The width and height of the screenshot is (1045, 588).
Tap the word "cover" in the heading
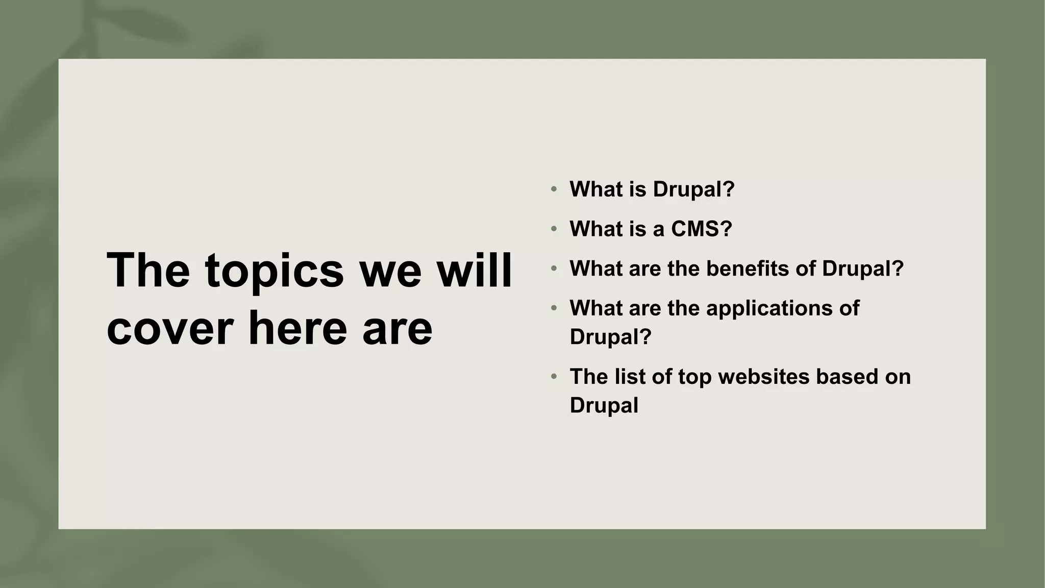(170, 328)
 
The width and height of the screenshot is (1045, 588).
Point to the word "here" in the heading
(297, 328)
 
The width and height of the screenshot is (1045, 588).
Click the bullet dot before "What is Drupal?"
(554, 189)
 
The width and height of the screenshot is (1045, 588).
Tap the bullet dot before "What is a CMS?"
(554, 229)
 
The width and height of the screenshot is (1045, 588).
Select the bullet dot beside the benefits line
(554, 269)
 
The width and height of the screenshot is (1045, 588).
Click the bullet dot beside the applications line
(554, 308)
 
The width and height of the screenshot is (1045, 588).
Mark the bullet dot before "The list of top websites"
(554, 377)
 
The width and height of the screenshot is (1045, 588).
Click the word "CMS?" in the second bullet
(702, 229)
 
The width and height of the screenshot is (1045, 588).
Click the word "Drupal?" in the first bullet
(693, 189)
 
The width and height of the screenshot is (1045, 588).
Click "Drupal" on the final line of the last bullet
(604, 406)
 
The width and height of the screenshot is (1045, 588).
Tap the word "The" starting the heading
(148, 270)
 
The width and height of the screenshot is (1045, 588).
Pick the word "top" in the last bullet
(694, 378)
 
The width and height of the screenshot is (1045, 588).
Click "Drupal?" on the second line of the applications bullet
(610, 337)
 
